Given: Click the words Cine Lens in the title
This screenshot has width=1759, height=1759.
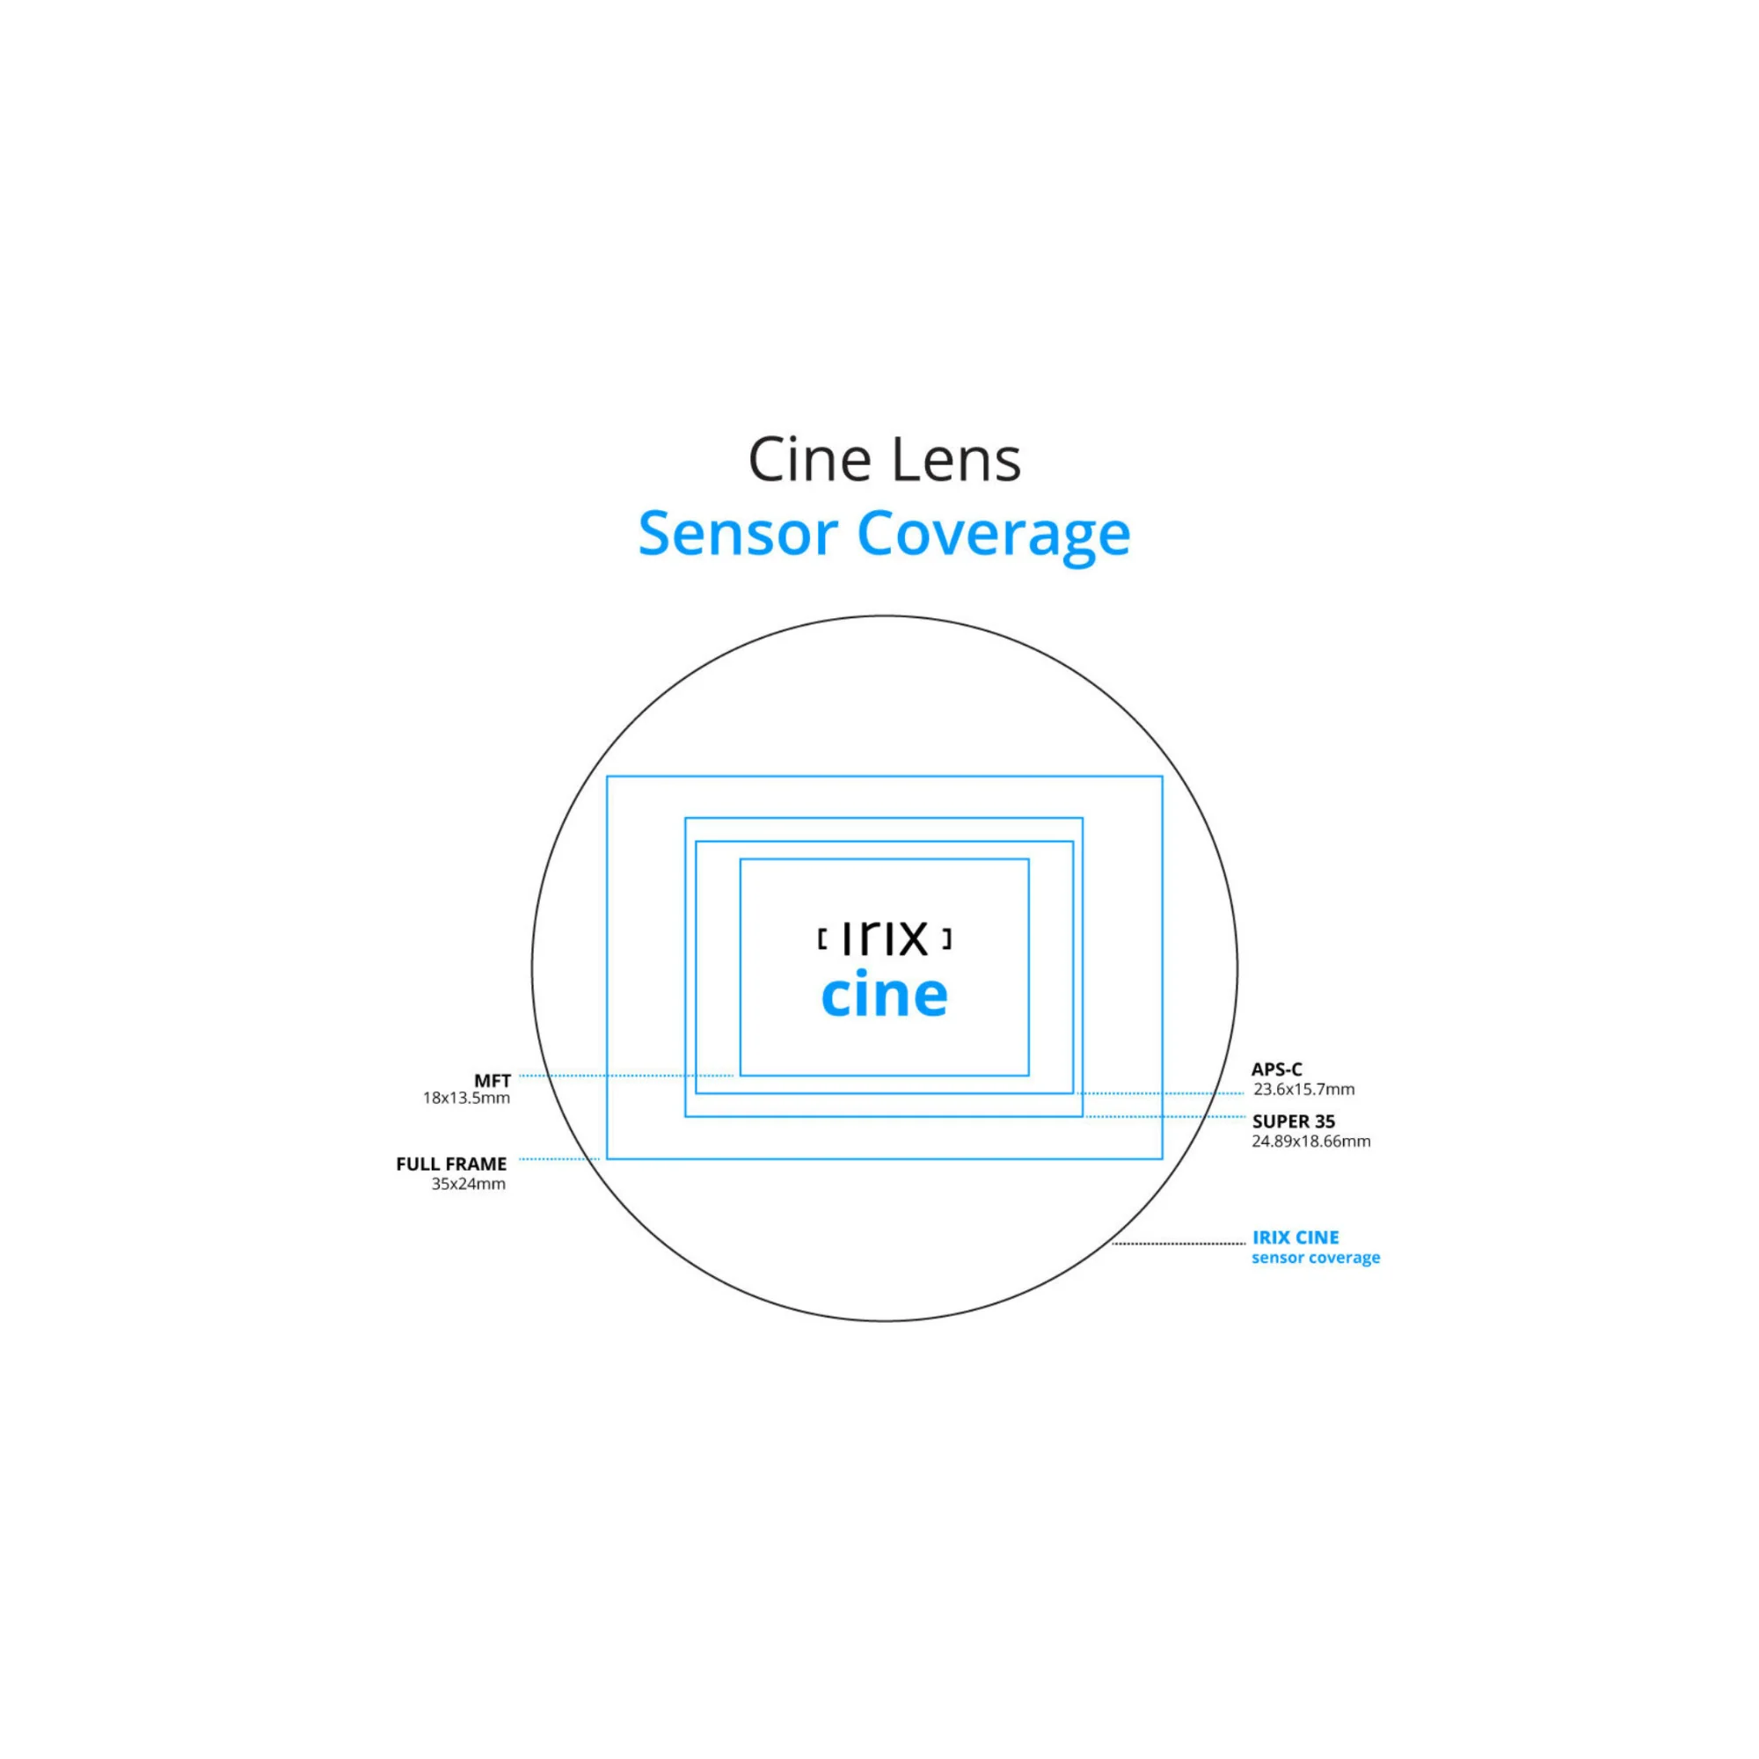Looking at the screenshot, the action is (884, 460).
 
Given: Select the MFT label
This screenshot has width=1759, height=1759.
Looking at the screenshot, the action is (492, 1081).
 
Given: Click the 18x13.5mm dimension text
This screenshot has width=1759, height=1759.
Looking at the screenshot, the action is (466, 1098).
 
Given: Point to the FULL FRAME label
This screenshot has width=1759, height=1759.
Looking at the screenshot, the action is (451, 1164).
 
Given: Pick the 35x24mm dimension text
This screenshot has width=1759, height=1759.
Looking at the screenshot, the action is (468, 1184).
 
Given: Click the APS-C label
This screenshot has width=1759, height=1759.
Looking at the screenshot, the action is (1276, 1069).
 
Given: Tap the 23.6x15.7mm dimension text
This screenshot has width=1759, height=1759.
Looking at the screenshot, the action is (1303, 1089).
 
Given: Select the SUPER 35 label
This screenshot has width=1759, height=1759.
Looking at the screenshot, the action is (1294, 1121).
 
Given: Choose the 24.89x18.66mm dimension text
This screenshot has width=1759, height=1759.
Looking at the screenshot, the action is (1311, 1141).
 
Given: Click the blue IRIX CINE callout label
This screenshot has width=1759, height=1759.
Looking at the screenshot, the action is (1296, 1237).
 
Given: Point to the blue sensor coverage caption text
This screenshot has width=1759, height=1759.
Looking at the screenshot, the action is (1316, 1258).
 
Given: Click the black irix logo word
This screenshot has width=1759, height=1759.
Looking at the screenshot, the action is (884, 937).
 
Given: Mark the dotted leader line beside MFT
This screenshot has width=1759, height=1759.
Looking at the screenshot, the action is (626, 1076).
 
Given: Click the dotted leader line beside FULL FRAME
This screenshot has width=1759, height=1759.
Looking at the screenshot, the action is (559, 1159).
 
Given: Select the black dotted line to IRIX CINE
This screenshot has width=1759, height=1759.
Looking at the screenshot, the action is (1179, 1243).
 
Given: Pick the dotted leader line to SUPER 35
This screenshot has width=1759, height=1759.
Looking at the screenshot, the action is (1165, 1116).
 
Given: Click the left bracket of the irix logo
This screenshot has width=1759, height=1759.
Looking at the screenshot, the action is (822, 939).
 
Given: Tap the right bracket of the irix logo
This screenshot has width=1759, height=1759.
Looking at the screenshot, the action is (947, 939).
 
